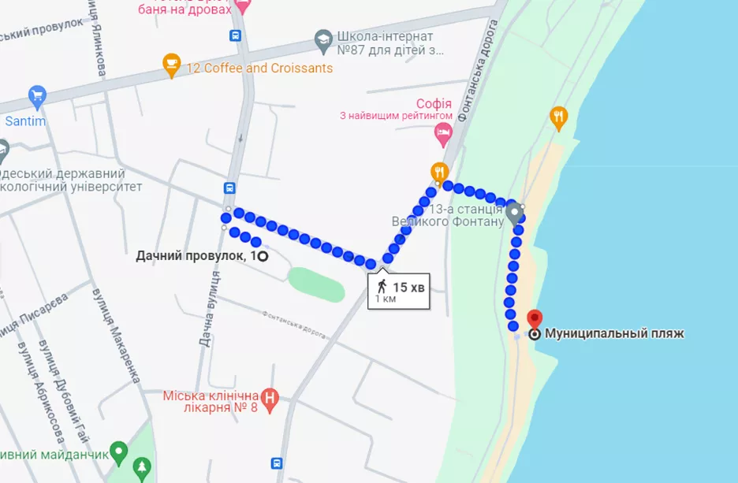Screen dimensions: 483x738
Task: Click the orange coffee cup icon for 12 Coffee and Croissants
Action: point(171,66)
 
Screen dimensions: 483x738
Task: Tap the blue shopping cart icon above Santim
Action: point(37,98)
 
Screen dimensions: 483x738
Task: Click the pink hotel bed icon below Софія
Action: point(443,134)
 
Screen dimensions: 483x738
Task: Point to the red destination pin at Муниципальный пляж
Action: point(535,319)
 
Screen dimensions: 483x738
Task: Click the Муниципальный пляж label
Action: point(614,333)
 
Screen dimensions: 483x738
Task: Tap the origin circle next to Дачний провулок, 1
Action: point(263,255)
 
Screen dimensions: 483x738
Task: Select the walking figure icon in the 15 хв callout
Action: point(382,285)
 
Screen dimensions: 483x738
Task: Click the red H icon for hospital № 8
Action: point(270,397)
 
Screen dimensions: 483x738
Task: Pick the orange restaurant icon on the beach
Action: point(559,117)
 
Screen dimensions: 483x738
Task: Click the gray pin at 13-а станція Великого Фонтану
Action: point(514,213)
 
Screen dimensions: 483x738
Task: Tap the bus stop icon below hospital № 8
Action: point(278,463)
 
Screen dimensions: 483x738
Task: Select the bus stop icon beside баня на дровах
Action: point(235,35)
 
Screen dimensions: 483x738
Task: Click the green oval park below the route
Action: point(316,284)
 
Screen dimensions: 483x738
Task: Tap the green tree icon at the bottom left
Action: point(143,466)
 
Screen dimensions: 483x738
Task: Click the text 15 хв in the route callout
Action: point(409,288)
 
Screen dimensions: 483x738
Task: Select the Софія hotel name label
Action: point(434,103)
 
